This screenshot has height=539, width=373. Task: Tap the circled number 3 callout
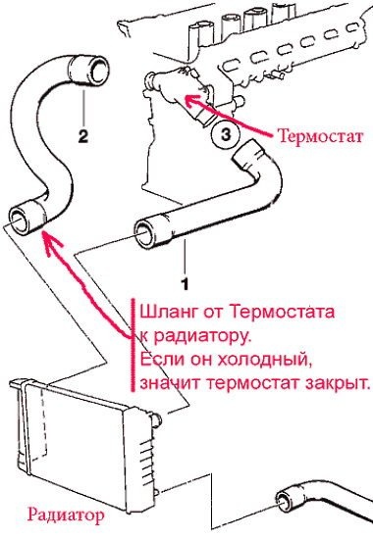(x=222, y=136)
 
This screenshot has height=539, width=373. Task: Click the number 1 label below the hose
(x=183, y=266)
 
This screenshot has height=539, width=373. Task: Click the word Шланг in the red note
(x=161, y=315)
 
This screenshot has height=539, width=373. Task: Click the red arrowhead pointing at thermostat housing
(x=192, y=99)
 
